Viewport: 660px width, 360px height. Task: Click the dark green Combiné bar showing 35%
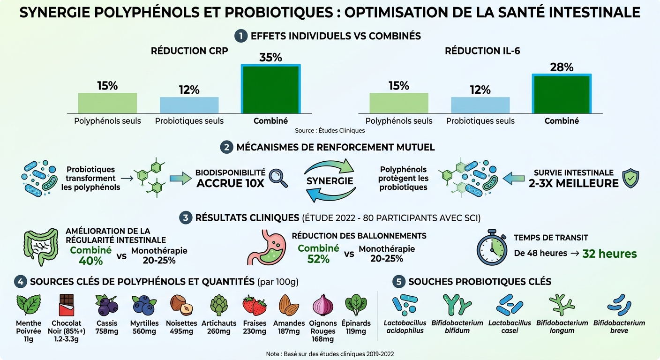click(270, 89)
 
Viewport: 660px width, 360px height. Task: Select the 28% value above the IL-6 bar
click(562, 67)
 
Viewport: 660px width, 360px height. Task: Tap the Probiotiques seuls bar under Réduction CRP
click(189, 105)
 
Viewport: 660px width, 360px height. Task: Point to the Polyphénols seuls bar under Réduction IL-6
click(398, 103)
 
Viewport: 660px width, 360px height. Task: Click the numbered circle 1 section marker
click(241, 36)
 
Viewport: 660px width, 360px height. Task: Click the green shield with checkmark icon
click(630, 178)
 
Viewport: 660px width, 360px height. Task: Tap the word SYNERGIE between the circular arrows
click(330, 181)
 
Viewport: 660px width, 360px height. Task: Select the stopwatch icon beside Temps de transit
click(492, 247)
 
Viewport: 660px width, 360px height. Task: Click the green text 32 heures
click(609, 254)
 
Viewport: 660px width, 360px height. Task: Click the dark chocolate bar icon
click(66, 305)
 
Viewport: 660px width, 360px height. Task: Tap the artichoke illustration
click(218, 305)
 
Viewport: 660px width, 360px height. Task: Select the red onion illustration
click(322, 305)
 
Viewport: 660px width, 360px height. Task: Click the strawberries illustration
click(255, 305)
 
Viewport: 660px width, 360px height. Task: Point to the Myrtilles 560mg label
click(144, 327)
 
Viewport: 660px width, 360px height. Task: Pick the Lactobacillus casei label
click(510, 327)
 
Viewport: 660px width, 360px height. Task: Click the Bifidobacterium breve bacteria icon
click(619, 305)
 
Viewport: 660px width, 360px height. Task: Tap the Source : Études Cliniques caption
click(330, 130)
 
